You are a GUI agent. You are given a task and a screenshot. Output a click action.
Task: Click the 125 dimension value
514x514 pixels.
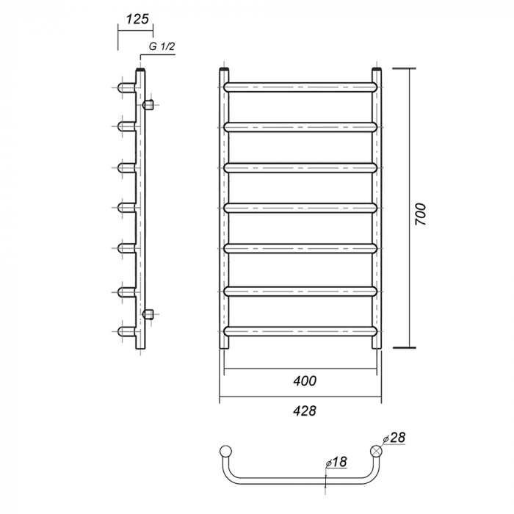pyautogui.click(x=137, y=19)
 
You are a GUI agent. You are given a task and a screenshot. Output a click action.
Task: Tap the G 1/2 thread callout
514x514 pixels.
pyautogui.click(x=162, y=46)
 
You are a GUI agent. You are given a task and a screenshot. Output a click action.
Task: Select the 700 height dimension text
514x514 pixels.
pyautogui.click(x=420, y=214)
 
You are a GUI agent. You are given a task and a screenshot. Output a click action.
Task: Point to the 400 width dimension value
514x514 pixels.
pyautogui.click(x=305, y=381)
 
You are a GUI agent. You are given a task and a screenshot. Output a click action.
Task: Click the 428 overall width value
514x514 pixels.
pyautogui.click(x=305, y=410)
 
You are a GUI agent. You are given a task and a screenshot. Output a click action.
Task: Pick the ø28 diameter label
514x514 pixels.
pyautogui.click(x=394, y=438)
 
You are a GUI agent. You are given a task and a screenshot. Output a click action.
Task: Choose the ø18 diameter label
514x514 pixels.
pyautogui.click(x=336, y=462)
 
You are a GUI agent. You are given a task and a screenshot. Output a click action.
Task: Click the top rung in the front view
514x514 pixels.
pyautogui.click(x=300, y=87)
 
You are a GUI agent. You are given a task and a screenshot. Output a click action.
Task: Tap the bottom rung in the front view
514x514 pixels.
pyautogui.click(x=300, y=331)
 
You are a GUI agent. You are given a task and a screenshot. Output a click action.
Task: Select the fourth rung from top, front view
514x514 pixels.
pyautogui.click(x=300, y=208)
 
